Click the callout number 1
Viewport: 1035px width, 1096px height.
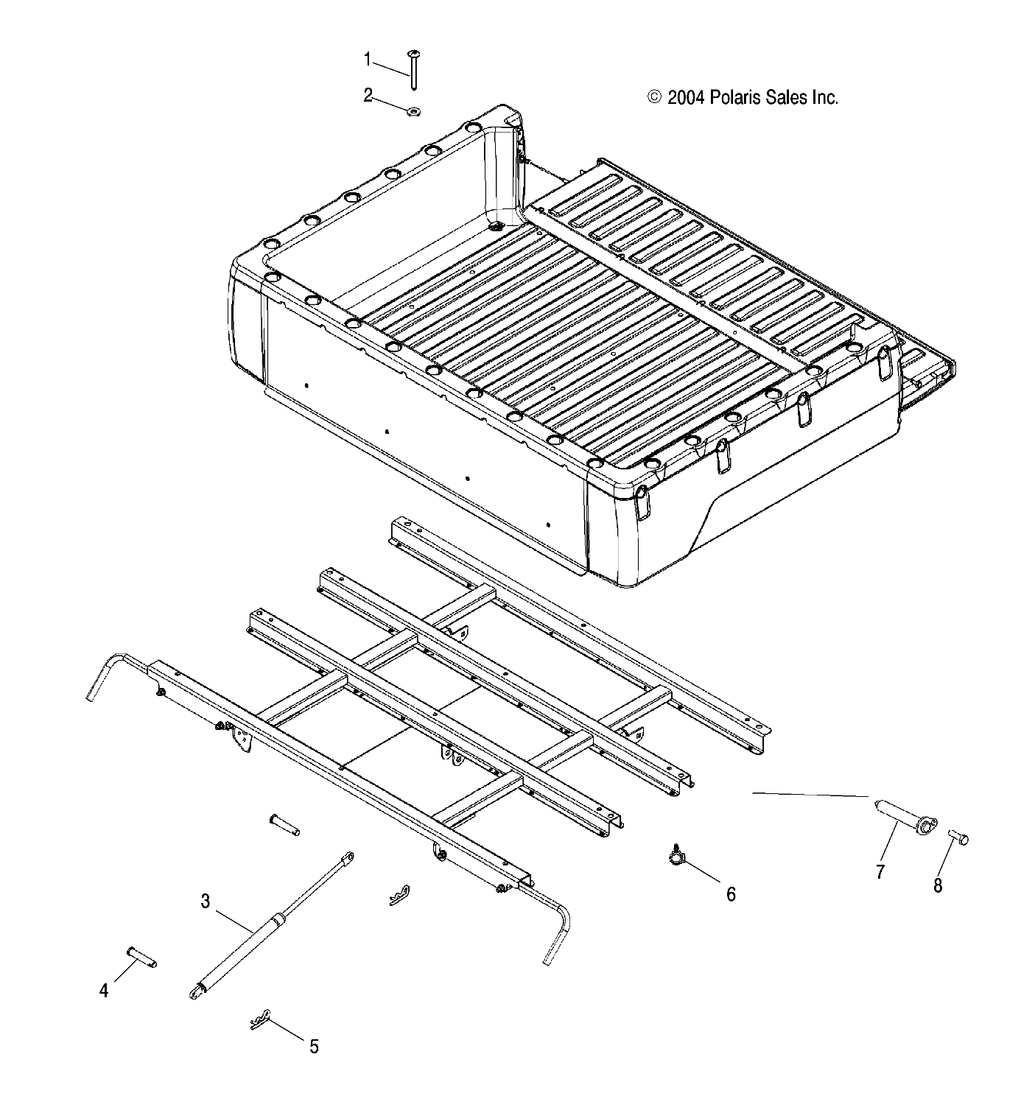[x=368, y=59]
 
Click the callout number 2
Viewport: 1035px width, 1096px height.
[x=368, y=95]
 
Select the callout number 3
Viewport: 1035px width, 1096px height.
[x=206, y=901]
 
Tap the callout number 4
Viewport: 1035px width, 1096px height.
[x=104, y=991]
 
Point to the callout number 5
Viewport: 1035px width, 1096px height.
[x=314, y=1047]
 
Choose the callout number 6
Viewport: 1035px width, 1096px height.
[x=731, y=894]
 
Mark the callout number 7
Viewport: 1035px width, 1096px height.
[x=880, y=872]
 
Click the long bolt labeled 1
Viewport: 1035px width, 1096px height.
[x=413, y=70]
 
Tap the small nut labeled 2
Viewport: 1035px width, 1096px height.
[x=413, y=111]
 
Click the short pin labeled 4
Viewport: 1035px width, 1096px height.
[x=142, y=958]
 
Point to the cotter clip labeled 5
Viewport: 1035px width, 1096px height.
[x=262, y=1020]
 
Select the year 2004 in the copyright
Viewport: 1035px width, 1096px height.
[x=687, y=98]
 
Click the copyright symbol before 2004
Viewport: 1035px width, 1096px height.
[x=654, y=98]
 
